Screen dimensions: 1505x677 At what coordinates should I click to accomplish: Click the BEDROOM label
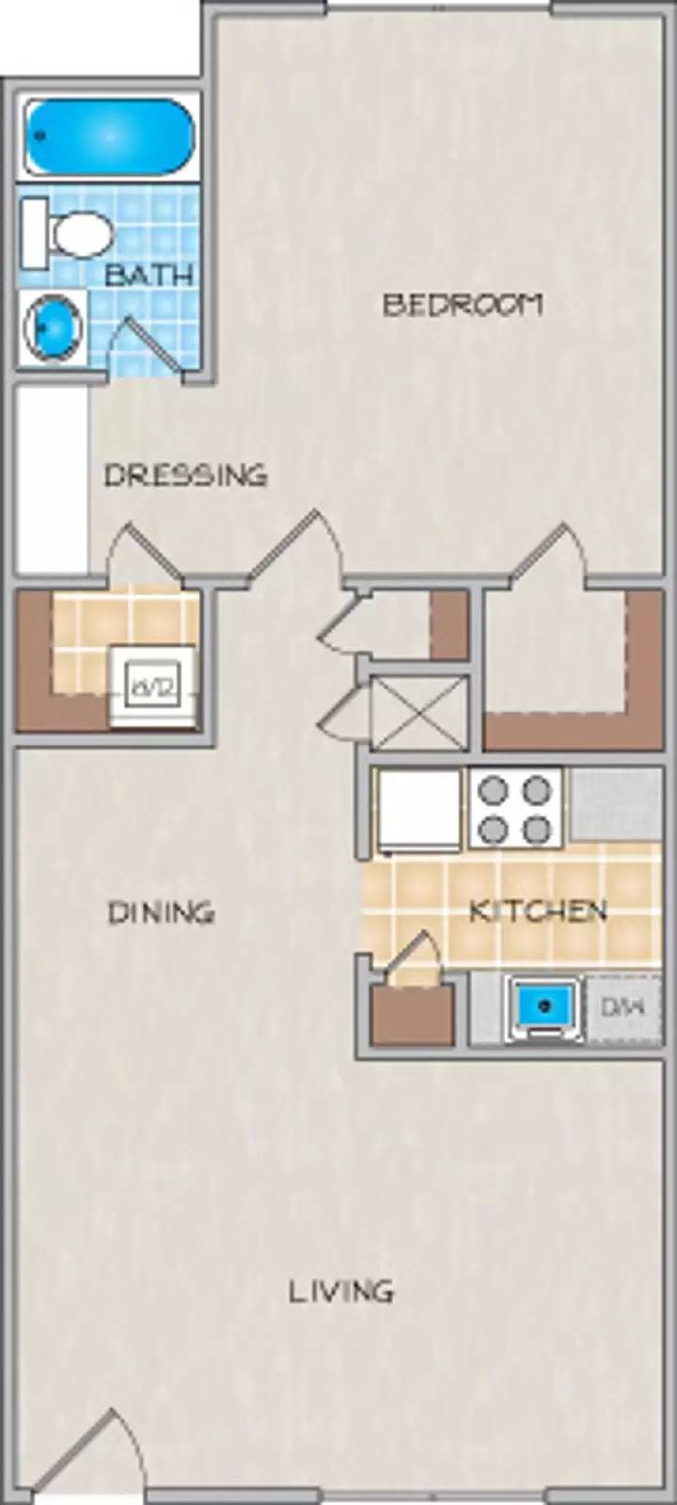tap(463, 305)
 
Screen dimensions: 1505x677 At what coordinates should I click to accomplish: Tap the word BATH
tap(150, 275)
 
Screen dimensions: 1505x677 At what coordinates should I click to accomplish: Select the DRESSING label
tap(185, 475)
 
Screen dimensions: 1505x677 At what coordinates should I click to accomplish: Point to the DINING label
tap(161, 912)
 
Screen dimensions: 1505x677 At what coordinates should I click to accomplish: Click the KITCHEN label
tap(538, 911)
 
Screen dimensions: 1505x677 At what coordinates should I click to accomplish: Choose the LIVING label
tap(340, 1291)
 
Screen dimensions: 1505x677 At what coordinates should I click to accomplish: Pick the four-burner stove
tap(514, 809)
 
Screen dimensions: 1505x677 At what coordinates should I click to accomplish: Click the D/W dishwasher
tap(622, 1008)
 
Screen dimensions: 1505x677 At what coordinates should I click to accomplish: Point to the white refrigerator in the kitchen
tap(419, 809)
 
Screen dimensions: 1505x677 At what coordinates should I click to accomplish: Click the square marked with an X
tap(418, 712)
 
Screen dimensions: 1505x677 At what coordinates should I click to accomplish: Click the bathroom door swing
tap(146, 343)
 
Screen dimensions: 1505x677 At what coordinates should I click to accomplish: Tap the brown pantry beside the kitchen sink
tap(412, 1014)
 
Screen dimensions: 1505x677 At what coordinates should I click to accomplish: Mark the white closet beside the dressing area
tap(53, 480)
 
